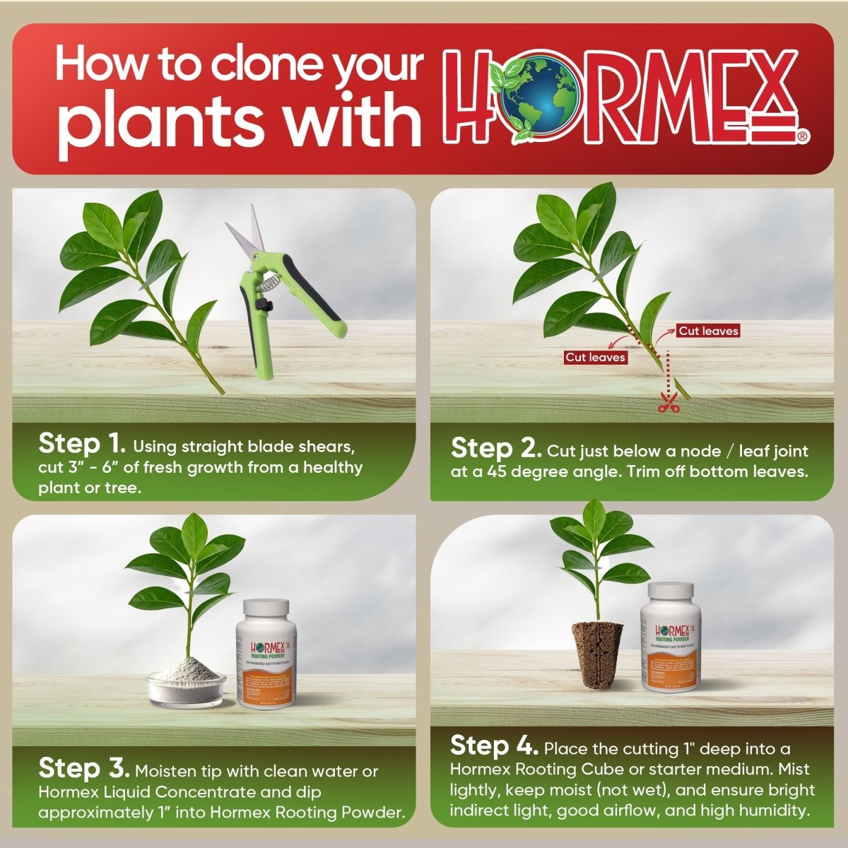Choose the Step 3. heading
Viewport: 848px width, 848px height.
tap(83, 768)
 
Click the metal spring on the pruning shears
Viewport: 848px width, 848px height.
tap(266, 285)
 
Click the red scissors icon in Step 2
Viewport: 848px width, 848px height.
tap(667, 405)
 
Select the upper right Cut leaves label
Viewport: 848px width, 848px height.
tap(708, 331)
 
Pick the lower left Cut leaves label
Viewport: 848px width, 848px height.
tap(595, 357)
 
